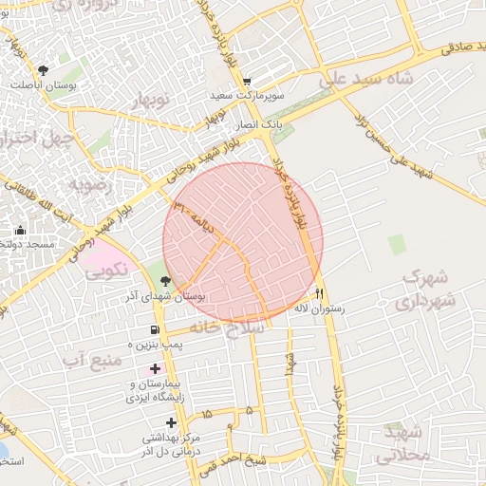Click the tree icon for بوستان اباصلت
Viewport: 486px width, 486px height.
(x=43, y=70)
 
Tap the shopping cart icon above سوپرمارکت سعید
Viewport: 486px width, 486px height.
(x=247, y=83)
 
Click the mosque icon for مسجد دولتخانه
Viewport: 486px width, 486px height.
(x=20, y=230)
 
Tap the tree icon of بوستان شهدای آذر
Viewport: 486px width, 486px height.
(x=166, y=281)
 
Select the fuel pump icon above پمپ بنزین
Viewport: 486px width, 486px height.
(x=155, y=330)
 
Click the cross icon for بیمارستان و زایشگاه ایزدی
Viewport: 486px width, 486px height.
(x=155, y=367)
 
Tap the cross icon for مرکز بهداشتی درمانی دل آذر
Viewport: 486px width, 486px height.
(x=171, y=421)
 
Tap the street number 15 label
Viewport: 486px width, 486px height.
(x=207, y=416)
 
